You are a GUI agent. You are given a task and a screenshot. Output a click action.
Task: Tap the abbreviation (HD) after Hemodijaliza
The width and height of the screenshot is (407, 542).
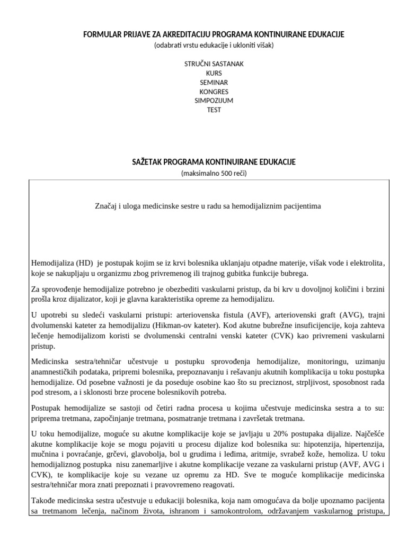[84, 263]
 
